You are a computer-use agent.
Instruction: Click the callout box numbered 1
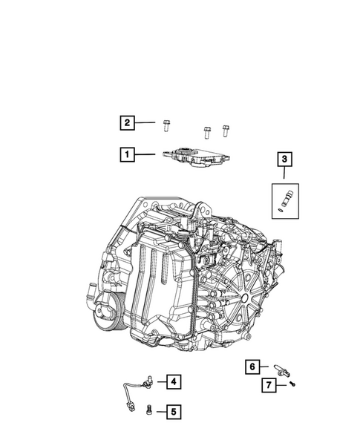(x=128, y=155)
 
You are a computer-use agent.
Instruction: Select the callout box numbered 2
(x=128, y=123)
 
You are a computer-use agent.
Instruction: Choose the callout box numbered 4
(x=173, y=382)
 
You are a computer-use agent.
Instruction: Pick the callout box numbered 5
(x=173, y=410)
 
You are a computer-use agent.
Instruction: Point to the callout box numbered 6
(x=252, y=367)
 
